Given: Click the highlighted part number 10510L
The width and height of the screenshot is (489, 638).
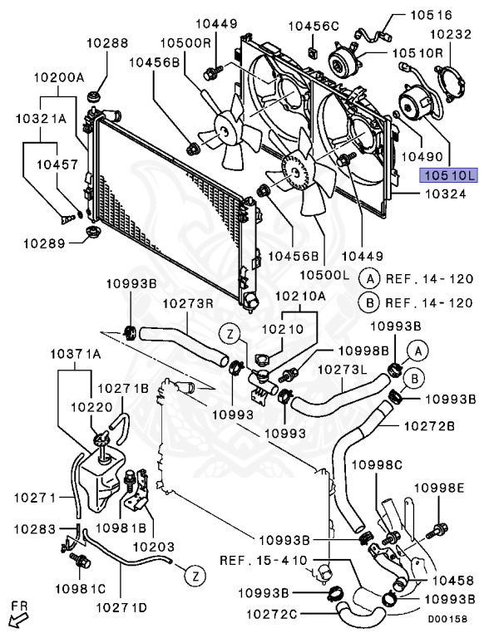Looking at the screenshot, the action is point(449,175).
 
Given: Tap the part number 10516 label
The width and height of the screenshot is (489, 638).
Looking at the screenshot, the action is point(431,15).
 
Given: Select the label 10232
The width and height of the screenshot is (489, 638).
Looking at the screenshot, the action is point(451,34).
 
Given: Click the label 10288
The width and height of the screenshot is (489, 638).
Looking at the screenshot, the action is point(107,42).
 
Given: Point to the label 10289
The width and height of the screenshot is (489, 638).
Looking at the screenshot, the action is point(44,243).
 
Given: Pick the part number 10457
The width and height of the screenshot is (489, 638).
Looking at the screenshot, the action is point(57,164).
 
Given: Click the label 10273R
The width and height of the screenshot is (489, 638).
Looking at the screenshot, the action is point(189,304).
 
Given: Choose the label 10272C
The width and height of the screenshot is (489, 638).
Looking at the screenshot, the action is point(272,614).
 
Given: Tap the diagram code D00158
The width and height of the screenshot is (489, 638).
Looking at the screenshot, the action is point(447,619).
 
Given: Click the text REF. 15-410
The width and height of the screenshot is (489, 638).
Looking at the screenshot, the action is point(264,560).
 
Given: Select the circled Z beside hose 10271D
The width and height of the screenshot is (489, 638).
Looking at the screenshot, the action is point(195,576).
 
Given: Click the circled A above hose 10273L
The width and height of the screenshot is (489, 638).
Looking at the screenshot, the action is point(417,351).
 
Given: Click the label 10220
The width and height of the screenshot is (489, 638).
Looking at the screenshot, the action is point(91,407).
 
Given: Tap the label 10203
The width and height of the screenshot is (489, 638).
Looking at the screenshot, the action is point(154,547).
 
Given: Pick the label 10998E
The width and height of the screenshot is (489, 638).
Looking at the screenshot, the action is point(439,488).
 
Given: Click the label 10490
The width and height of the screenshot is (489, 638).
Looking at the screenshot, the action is point(422,156).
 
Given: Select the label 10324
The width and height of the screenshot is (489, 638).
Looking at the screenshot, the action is point(446,194).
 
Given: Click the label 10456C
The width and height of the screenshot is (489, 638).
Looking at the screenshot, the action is point(314,26).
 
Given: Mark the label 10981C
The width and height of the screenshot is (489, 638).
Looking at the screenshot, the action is point(81,588).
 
